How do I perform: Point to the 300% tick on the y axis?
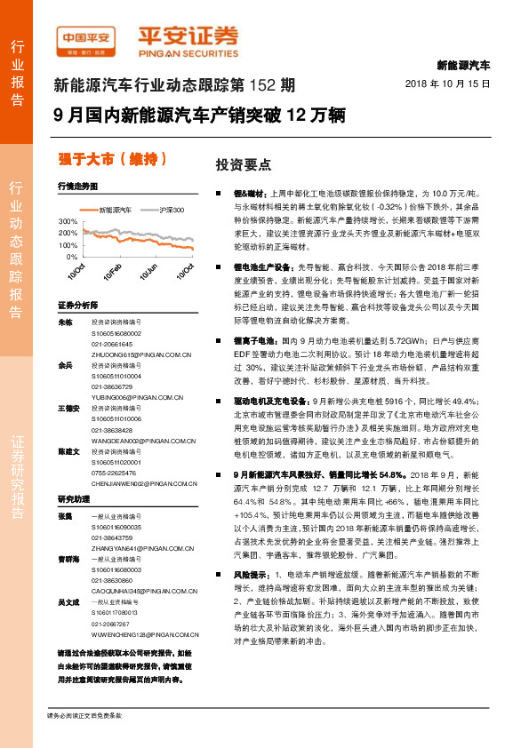[68, 220]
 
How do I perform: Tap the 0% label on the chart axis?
[72, 257]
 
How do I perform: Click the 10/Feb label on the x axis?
[111, 272]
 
